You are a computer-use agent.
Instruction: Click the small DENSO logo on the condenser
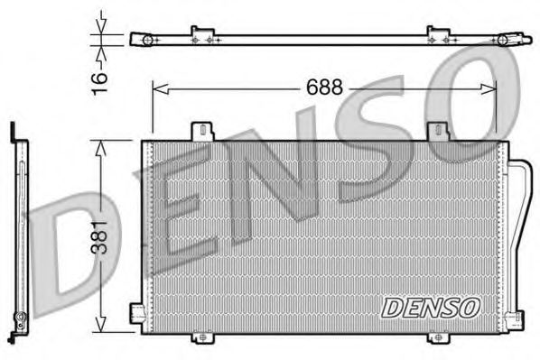(x=430, y=308)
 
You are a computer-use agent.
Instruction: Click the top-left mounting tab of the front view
(x=202, y=130)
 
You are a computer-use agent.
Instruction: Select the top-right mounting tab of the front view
(x=441, y=130)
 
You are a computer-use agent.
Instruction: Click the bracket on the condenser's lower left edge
(x=137, y=313)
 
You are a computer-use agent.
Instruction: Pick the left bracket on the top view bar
(x=202, y=36)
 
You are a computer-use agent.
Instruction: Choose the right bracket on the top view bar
(x=438, y=36)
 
